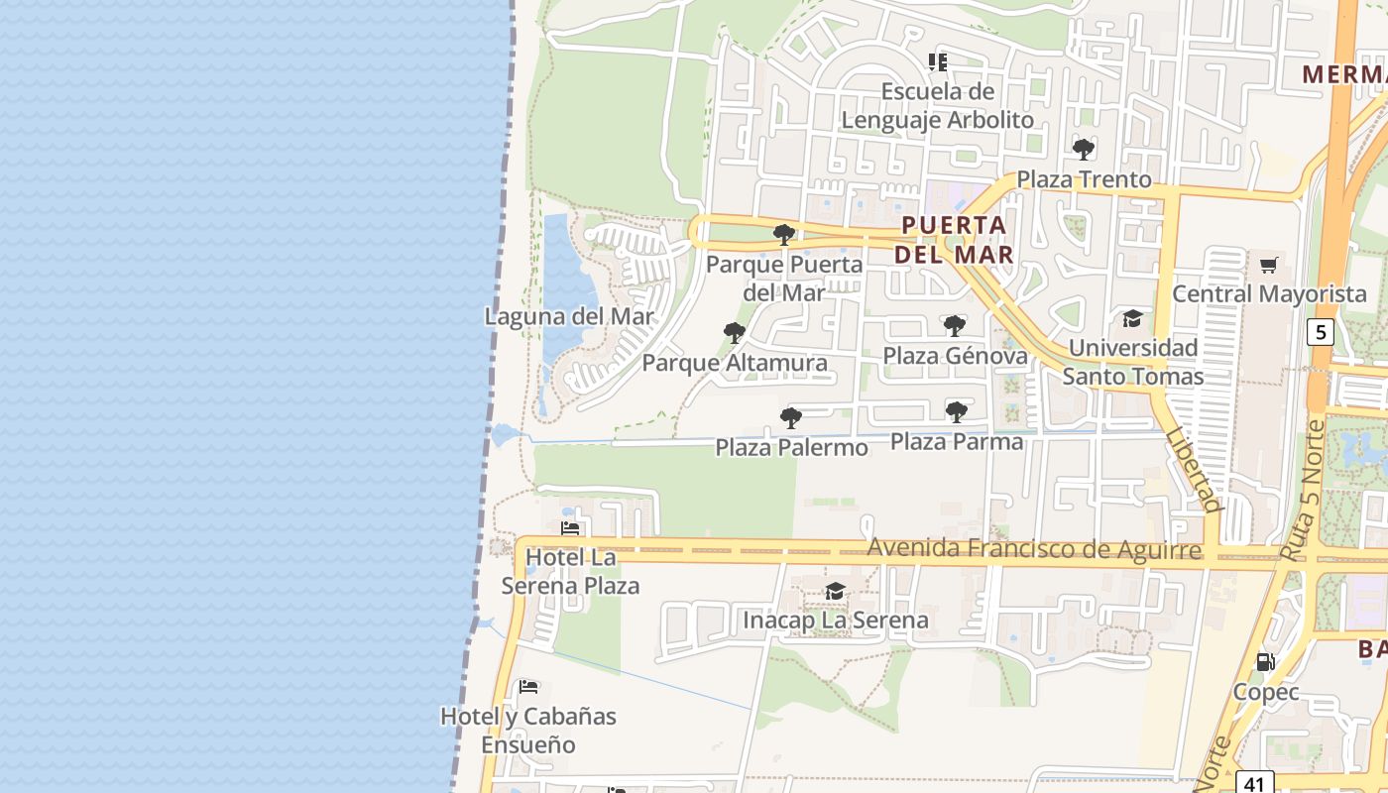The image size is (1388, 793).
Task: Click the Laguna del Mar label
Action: pyautogui.click(x=569, y=317)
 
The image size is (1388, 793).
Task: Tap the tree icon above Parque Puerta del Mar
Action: pyautogui.click(x=784, y=235)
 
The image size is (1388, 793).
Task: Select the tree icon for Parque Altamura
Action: pyautogui.click(x=735, y=332)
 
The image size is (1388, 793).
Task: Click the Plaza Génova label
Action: pyautogui.click(x=955, y=355)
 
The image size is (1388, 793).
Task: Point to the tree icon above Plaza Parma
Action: pyautogui.click(x=957, y=411)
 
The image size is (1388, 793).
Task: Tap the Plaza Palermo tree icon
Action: pyautogui.click(x=791, y=417)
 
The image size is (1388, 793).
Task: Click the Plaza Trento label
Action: pyautogui.click(x=1085, y=179)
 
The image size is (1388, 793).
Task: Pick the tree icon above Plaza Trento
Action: pyautogui.click(x=1084, y=150)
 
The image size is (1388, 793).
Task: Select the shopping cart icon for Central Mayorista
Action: pyautogui.click(x=1269, y=265)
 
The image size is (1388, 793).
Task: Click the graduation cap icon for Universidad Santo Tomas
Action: pyautogui.click(x=1132, y=318)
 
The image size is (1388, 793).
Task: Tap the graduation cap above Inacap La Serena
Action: pyautogui.click(x=836, y=592)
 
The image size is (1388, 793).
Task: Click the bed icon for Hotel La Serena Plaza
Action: pyautogui.click(x=570, y=528)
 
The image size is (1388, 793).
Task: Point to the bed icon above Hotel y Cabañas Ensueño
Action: pyautogui.click(x=528, y=686)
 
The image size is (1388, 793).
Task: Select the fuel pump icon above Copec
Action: pyautogui.click(x=1266, y=661)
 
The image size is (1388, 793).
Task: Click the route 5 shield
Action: pyautogui.click(x=1320, y=331)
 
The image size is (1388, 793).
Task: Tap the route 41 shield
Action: pyautogui.click(x=1254, y=783)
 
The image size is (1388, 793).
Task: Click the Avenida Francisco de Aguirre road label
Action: pyautogui.click(x=1034, y=548)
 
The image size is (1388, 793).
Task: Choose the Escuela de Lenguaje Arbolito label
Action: pyautogui.click(x=938, y=105)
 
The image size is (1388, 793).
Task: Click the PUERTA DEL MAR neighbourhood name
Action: pyautogui.click(x=954, y=239)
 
